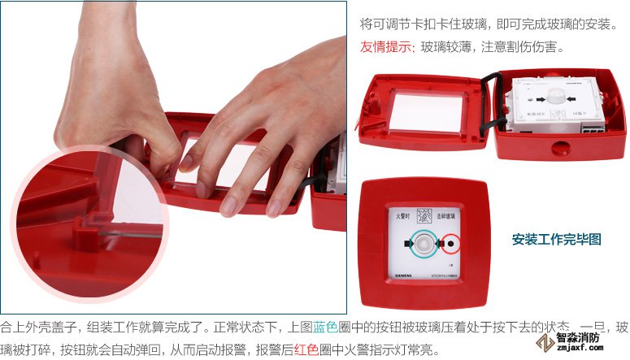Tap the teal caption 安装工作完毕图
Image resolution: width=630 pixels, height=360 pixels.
click(x=556, y=239)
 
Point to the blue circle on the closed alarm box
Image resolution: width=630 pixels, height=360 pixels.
click(x=423, y=242)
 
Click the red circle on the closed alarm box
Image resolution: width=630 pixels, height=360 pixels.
click(x=451, y=242)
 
